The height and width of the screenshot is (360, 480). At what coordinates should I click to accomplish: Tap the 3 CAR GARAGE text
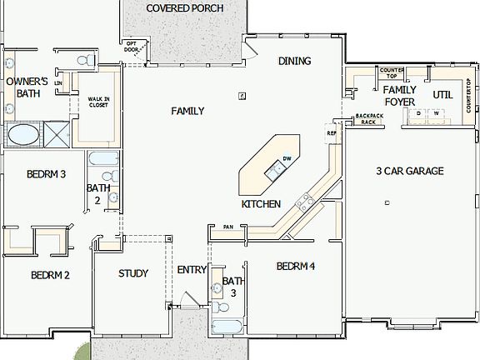[x=409, y=171]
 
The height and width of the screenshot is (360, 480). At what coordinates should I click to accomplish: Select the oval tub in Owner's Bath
[x=22, y=134]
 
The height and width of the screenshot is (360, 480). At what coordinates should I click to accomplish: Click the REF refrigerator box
[x=331, y=133]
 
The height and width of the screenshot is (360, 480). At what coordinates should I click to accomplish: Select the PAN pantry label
[x=227, y=227]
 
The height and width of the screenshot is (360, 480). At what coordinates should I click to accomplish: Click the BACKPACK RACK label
[x=367, y=118]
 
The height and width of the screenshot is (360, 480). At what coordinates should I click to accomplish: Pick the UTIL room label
[x=442, y=95]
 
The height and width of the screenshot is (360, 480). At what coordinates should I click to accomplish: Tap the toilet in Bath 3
[x=217, y=289]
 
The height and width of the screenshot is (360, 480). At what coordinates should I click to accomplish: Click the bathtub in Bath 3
[x=225, y=326]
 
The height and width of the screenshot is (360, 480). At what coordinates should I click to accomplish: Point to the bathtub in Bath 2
[x=99, y=158]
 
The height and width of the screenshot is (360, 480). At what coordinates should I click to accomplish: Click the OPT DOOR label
[x=131, y=46]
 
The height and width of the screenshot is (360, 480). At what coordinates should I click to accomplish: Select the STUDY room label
[x=133, y=273]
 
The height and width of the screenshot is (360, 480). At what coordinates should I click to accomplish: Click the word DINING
[x=294, y=61]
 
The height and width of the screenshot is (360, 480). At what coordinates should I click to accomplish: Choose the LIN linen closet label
[x=58, y=83]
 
